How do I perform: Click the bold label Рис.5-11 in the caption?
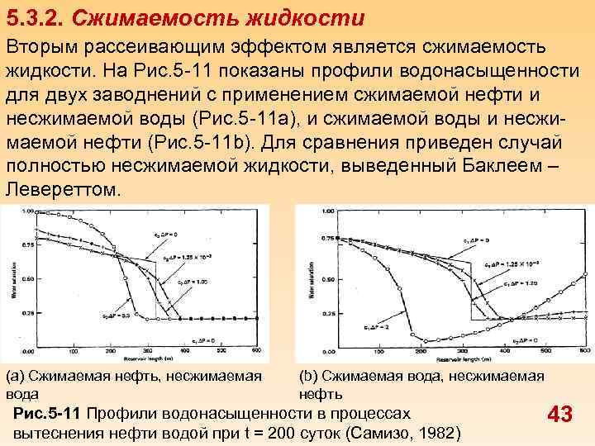pyautogui.click(x=50, y=412)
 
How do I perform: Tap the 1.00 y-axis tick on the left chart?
pyautogui.click(x=27, y=212)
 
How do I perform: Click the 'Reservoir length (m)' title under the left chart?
pyautogui.click(x=149, y=359)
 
